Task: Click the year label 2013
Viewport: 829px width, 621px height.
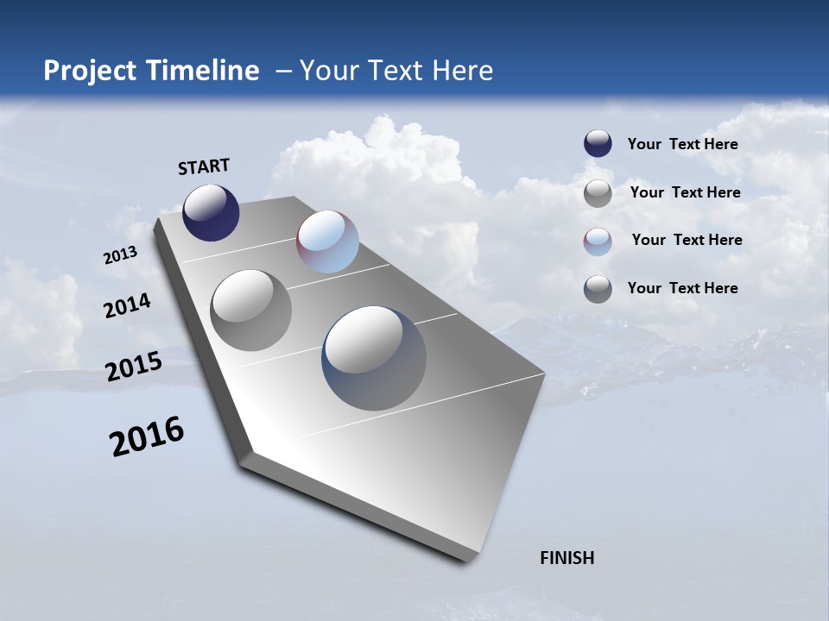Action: coord(120,255)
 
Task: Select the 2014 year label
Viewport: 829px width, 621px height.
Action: coord(127,306)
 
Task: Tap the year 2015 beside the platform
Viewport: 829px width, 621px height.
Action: coord(134,367)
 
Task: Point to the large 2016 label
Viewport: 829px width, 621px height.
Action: coord(147,436)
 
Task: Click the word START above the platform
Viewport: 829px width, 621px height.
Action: coord(204,166)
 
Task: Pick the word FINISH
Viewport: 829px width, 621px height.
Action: coord(567,558)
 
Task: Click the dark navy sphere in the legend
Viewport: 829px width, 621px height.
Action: coord(598,144)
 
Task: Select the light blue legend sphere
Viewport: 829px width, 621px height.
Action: coord(598,241)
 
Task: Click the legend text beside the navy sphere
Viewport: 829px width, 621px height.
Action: coord(682,144)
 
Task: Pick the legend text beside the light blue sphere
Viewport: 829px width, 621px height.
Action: coord(687,240)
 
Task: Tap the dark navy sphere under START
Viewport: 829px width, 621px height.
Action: coord(211,212)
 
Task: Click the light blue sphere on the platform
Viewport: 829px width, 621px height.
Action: coord(327,241)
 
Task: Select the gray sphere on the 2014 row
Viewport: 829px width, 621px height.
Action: coord(250,310)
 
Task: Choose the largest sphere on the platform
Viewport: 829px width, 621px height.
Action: coord(374,358)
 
